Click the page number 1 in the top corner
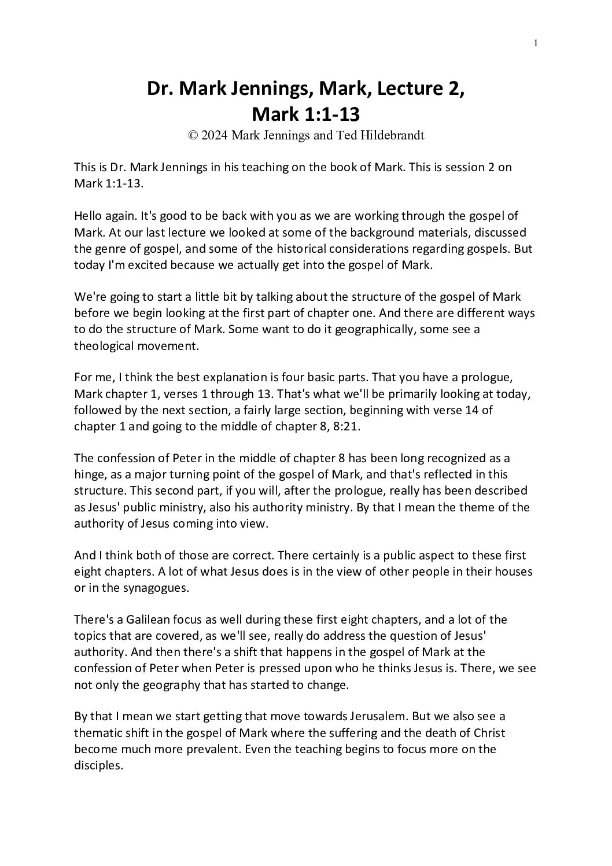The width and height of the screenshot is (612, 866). pos(536,42)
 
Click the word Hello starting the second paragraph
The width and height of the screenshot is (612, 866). pos(89,216)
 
